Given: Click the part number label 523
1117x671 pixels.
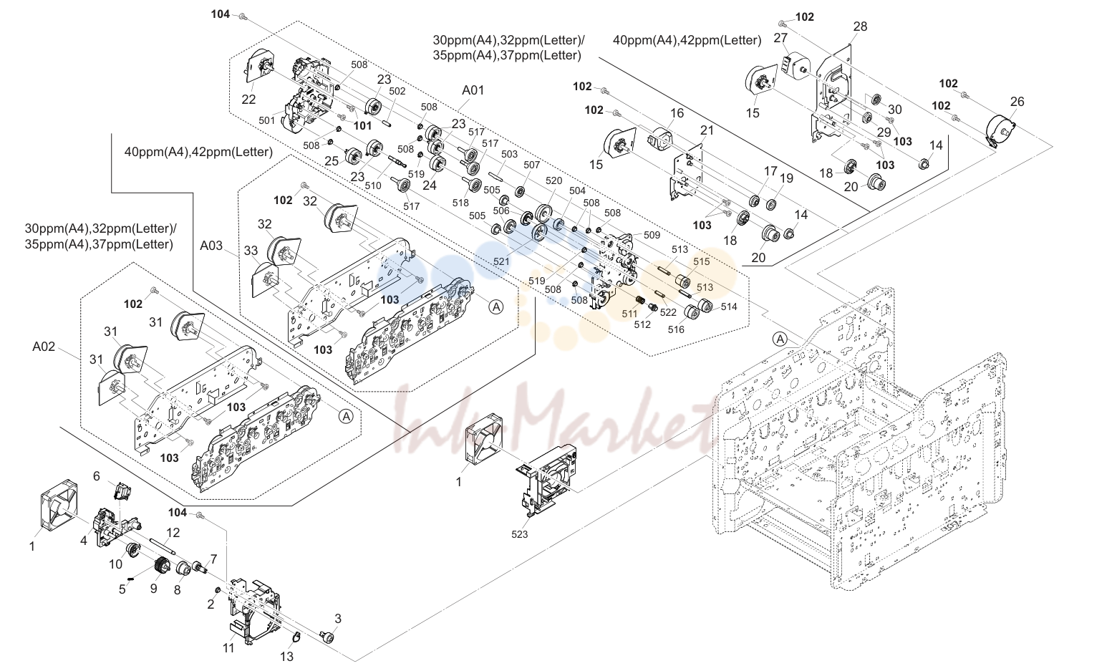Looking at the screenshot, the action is click(519, 534).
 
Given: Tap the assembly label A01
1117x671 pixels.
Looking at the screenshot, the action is click(473, 90).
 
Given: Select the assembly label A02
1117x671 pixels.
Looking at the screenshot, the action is click(44, 346).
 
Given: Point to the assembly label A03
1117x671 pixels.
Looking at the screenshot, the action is click(211, 246).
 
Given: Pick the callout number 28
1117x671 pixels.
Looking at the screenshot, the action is click(860, 26).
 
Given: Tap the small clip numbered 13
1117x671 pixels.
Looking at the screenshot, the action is click(296, 637).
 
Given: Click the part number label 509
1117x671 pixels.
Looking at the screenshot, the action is click(652, 235).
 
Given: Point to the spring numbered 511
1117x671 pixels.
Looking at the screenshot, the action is click(640, 301).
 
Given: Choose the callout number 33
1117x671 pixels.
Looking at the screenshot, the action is click(251, 251).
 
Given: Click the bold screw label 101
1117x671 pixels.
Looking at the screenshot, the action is click(363, 126).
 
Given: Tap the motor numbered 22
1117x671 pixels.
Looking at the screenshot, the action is click(258, 65).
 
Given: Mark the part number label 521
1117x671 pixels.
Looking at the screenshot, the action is click(501, 261).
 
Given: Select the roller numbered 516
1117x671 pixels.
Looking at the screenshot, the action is click(691, 312).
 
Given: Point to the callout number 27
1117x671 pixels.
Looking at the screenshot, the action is click(780, 38).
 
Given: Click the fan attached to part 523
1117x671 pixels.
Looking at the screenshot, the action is click(483, 439).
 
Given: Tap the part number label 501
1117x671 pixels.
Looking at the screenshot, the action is click(267, 120).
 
